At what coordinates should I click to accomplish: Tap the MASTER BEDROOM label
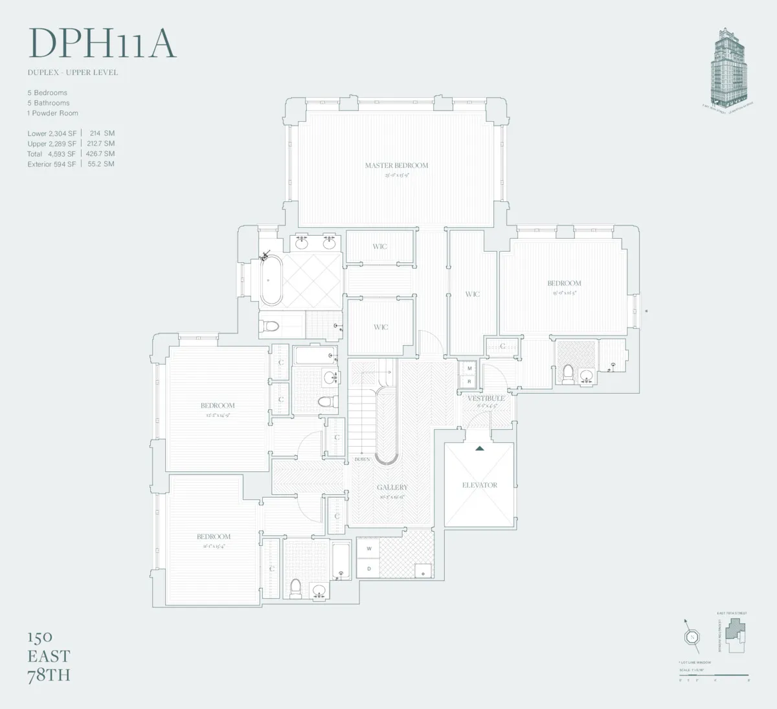[x=396, y=166]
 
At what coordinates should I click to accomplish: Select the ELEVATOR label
[x=480, y=485]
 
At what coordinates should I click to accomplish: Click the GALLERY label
[x=392, y=488]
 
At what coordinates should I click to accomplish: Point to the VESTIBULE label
[x=486, y=398]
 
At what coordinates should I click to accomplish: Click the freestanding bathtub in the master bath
[x=271, y=280]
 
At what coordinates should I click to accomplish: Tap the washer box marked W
[x=369, y=549]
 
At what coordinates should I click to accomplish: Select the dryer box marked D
[x=369, y=568]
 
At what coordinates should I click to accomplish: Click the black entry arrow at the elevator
[x=480, y=448]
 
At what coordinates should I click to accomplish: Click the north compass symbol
[x=692, y=636]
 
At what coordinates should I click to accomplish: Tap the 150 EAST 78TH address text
[x=49, y=656]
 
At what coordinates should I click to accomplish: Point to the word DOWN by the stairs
[x=362, y=459]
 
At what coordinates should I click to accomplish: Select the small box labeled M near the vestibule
[x=469, y=368]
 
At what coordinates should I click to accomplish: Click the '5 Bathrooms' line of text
[x=49, y=103]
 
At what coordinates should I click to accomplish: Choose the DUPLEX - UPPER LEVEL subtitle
[x=73, y=73]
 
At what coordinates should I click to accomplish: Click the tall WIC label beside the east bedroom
[x=473, y=294]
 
